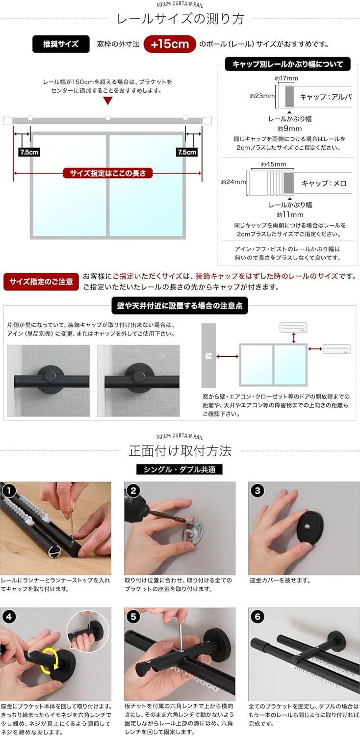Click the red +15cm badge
[x=170, y=44]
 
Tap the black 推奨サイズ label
[x=61, y=44]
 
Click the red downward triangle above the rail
[x=108, y=101]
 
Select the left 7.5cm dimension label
[x=29, y=152]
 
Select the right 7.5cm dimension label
[x=186, y=152]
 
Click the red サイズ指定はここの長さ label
[x=108, y=173]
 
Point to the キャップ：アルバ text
[x=326, y=97]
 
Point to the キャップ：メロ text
[x=324, y=183]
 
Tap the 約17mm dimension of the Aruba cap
[x=286, y=78]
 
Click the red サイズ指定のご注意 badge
[x=41, y=282]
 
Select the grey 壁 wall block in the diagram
[x=208, y=355]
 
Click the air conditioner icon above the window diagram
[x=293, y=327]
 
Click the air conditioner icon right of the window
[x=336, y=349]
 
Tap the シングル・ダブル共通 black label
[x=179, y=469]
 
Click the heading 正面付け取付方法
[x=180, y=450]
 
